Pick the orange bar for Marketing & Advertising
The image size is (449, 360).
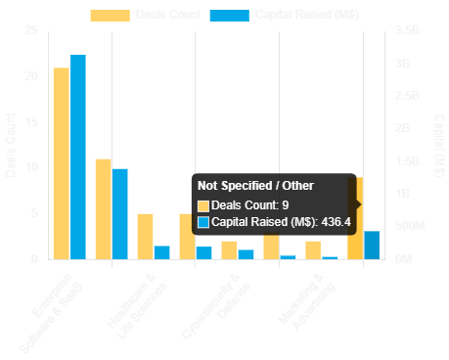[x=312, y=249]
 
